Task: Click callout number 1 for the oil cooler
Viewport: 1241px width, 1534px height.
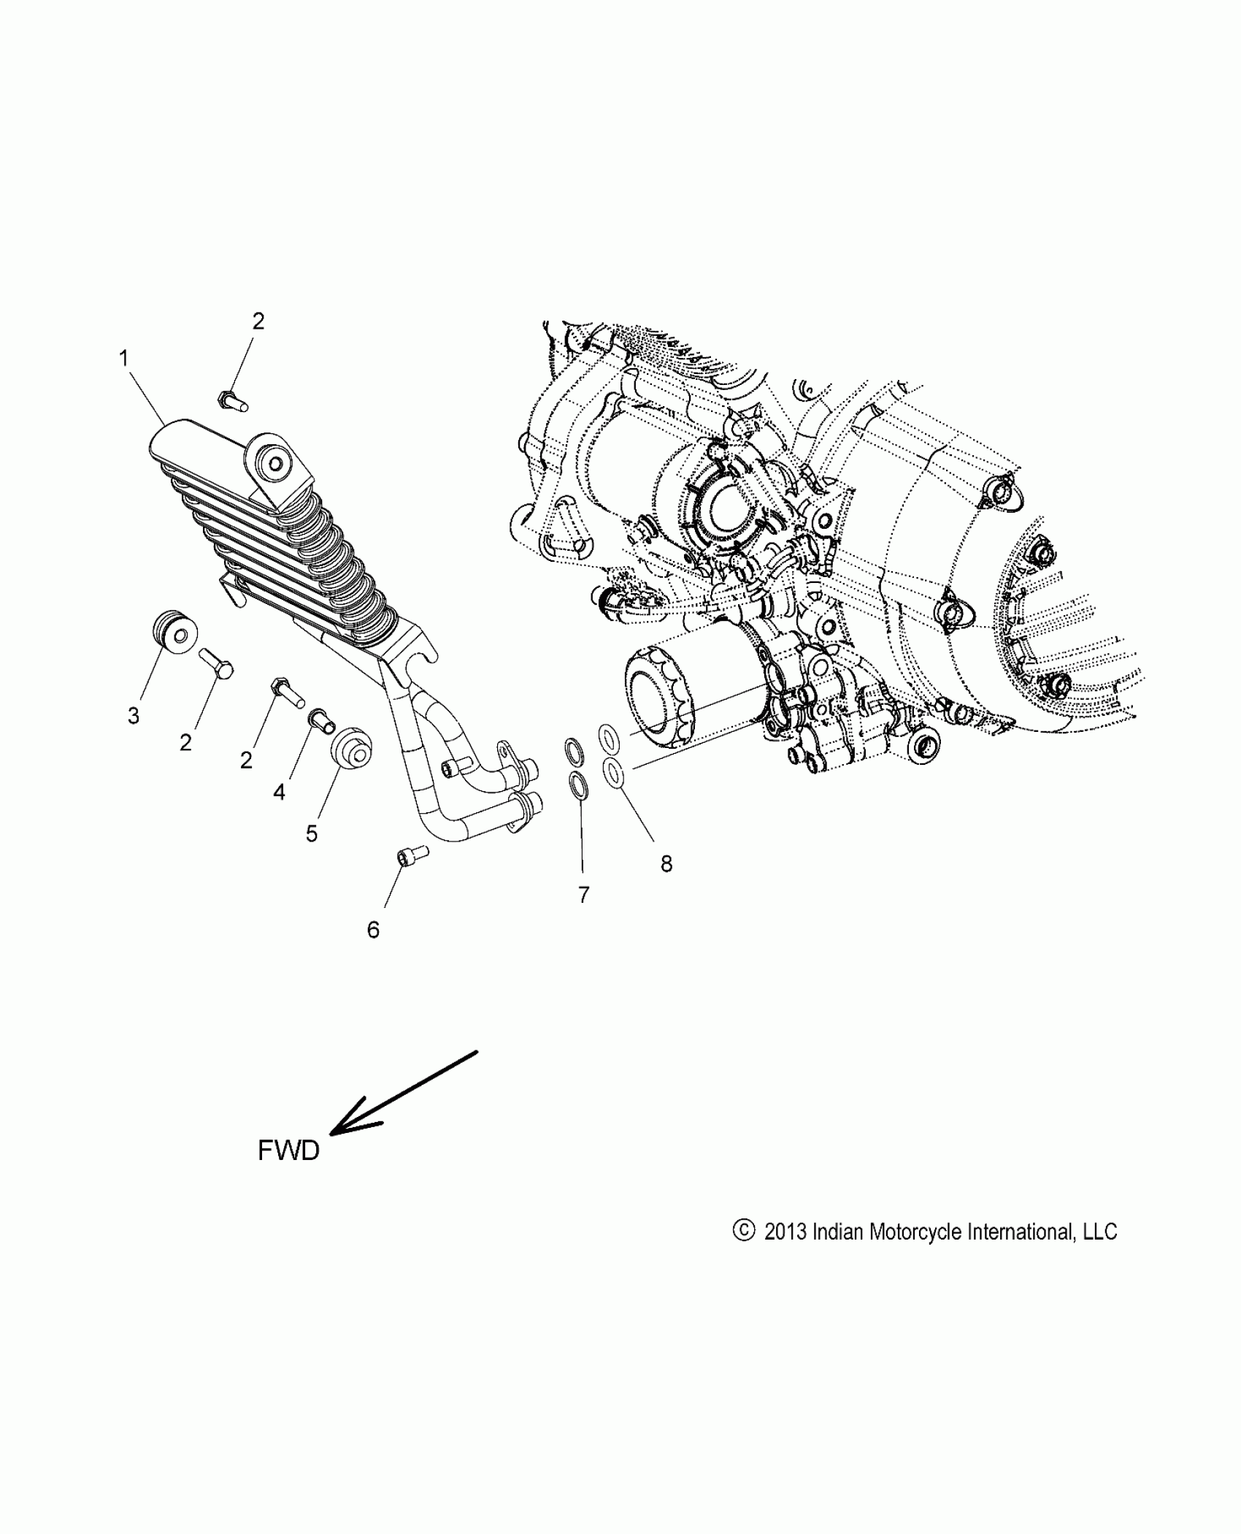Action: pyautogui.click(x=124, y=358)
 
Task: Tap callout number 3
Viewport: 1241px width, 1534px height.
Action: pyautogui.click(x=133, y=716)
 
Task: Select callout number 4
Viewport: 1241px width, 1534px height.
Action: pyautogui.click(x=279, y=791)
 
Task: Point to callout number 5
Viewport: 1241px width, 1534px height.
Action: pyautogui.click(x=312, y=833)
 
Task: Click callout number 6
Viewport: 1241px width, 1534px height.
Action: pyautogui.click(x=373, y=929)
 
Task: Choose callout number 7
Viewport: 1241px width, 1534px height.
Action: pyautogui.click(x=583, y=895)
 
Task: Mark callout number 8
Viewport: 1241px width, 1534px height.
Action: pyautogui.click(x=666, y=863)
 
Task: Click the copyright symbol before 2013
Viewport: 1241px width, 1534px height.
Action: pyautogui.click(x=742, y=1231)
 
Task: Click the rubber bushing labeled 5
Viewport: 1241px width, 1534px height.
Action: pyautogui.click(x=351, y=747)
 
